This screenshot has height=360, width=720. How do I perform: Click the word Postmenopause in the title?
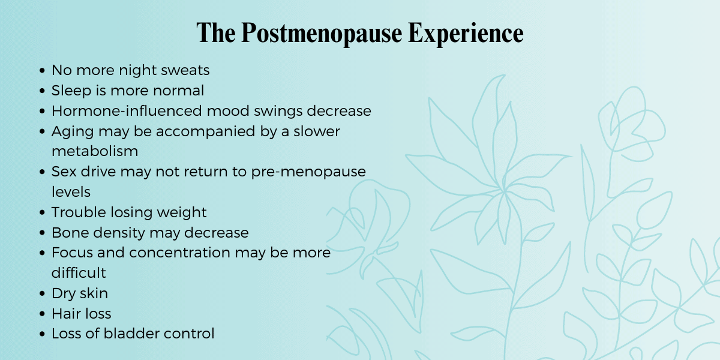coord(323,34)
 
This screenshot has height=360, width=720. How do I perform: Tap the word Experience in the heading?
coord(466,34)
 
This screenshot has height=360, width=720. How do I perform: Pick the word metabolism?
coord(95,151)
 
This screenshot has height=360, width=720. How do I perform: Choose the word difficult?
coord(79,273)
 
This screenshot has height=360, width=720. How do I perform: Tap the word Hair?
coord(65,313)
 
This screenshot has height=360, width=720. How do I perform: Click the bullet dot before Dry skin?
coord(42,294)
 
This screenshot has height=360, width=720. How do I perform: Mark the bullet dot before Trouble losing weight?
coord(42,212)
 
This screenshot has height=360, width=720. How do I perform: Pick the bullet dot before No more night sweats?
coord(42,71)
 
